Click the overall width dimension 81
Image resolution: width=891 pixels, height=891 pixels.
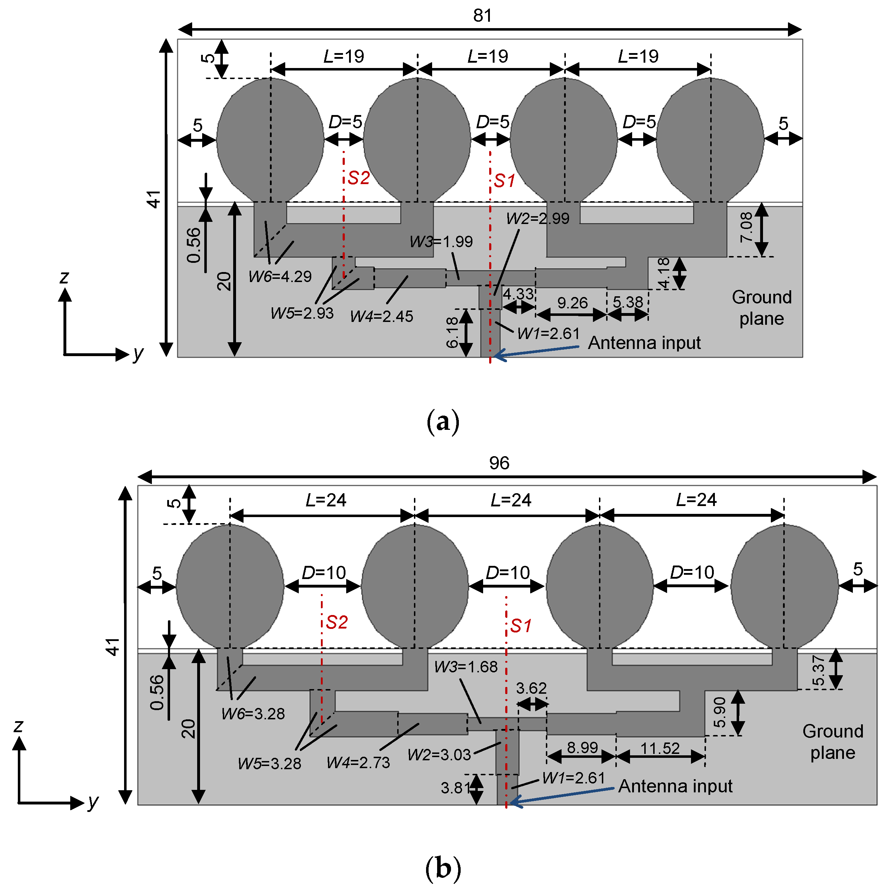pyautogui.click(x=482, y=16)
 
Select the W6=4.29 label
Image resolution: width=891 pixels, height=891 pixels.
pyautogui.click(x=280, y=277)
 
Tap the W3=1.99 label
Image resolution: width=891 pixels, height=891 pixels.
pyautogui.click(x=441, y=242)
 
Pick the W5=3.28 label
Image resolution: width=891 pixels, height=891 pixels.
pyautogui.click(x=269, y=764)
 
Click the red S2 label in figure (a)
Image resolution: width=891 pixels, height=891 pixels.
pyautogui.click(x=359, y=178)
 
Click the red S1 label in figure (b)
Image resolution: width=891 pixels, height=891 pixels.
pyautogui.click(x=521, y=626)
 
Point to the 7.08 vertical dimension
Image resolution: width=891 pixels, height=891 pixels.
pyautogui.click(x=747, y=227)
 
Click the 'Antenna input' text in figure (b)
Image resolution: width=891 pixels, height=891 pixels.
pyautogui.click(x=675, y=786)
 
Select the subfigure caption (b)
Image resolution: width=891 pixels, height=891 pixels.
pyautogui.click(x=443, y=869)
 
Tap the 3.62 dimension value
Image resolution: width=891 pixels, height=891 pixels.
pyautogui.click(x=531, y=688)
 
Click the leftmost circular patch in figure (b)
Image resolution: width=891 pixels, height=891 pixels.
pyautogui.click(x=230, y=587)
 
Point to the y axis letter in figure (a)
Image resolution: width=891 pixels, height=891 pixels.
pyautogui.click(x=138, y=353)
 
